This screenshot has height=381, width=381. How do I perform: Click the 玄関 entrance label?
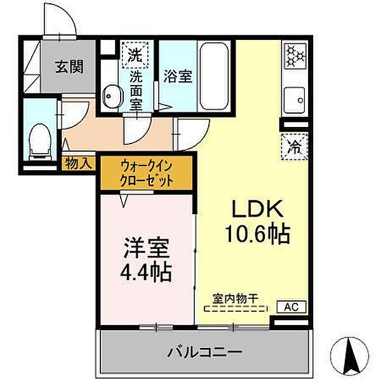[x=69, y=66]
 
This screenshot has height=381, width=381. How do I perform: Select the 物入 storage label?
[x=79, y=163]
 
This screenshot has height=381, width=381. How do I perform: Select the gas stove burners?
[x=295, y=56]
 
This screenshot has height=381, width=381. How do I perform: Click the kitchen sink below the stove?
[x=295, y=98]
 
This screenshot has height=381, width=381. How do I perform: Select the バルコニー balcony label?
[x=205, y=351]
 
